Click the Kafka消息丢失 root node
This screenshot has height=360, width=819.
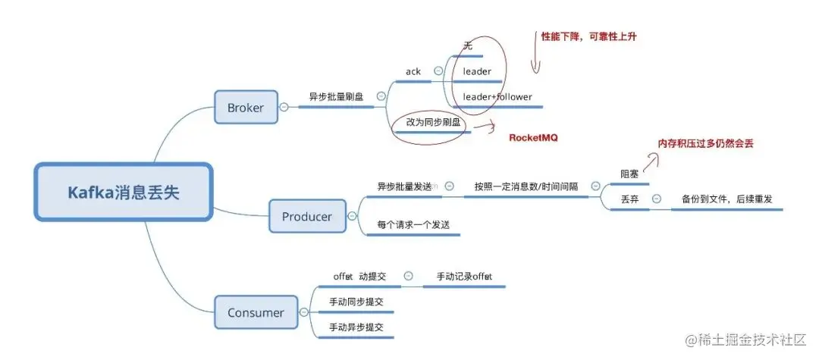tap(124, 193)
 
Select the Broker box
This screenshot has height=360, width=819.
tap(245, 108)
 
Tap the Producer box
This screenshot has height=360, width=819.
tap(306, 217)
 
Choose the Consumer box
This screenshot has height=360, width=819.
tap(256, 312)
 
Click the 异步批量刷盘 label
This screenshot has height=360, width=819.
tap(336, 97)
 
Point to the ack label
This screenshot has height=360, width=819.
tap(413, 72)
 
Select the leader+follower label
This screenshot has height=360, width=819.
tap(497, 97)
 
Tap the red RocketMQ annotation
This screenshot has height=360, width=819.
tap(532, 138)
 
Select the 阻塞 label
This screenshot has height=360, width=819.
tap(629, 174)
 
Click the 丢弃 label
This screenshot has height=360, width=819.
tap(629, 199)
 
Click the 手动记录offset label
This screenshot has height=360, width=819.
tap(464, 277)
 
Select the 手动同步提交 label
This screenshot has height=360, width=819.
tap(356, 302)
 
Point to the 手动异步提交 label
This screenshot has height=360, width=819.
tap(356, 327)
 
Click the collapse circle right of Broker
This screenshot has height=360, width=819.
tap(284, 108)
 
